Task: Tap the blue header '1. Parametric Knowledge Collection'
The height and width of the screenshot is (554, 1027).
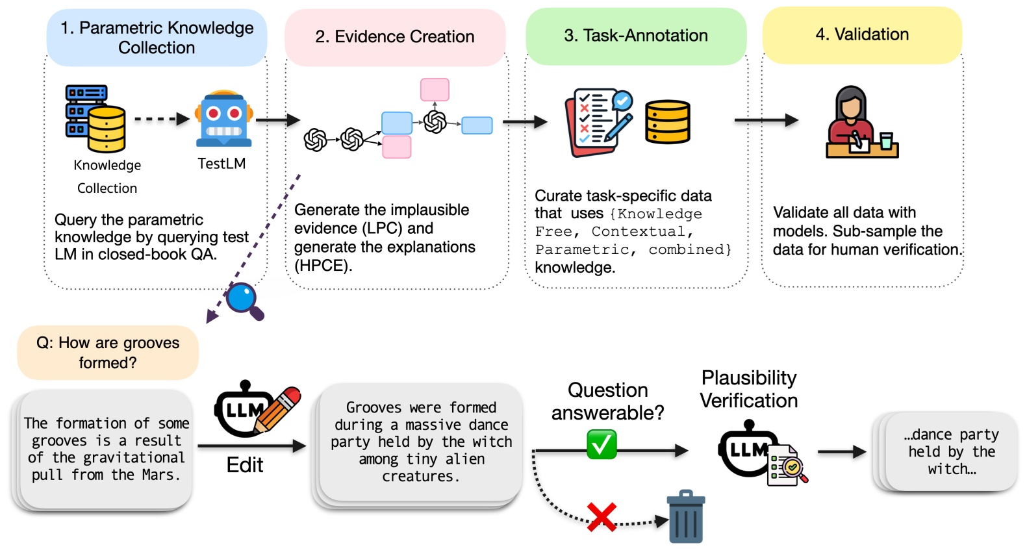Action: pos(157,38)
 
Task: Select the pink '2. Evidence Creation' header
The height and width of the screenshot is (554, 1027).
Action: pos(395,37)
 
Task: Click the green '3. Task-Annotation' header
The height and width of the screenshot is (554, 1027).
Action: pos(636,36)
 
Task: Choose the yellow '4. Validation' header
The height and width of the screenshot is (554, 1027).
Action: pos(862,34)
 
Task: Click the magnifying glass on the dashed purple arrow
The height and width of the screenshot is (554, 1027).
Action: pos(244,300)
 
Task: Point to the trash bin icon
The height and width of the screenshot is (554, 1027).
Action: pos(686,517)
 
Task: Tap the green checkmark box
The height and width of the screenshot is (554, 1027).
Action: pos(602,445)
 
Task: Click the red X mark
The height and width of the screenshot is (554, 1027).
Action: pos(602,517)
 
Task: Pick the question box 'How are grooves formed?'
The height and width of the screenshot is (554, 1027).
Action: pos(108,353)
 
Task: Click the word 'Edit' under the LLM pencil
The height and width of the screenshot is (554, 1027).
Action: pos(245,465)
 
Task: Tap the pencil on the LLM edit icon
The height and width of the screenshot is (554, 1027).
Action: pos(279,409)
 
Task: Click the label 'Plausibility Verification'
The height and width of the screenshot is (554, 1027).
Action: pos(748,389)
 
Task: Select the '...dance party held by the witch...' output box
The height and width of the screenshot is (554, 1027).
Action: pos(950,452)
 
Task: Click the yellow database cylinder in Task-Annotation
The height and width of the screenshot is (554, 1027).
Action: pos(667,121)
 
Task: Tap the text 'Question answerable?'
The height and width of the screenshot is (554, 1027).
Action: pos(607,401)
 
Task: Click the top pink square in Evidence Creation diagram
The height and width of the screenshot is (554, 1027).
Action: pos(435,90)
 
